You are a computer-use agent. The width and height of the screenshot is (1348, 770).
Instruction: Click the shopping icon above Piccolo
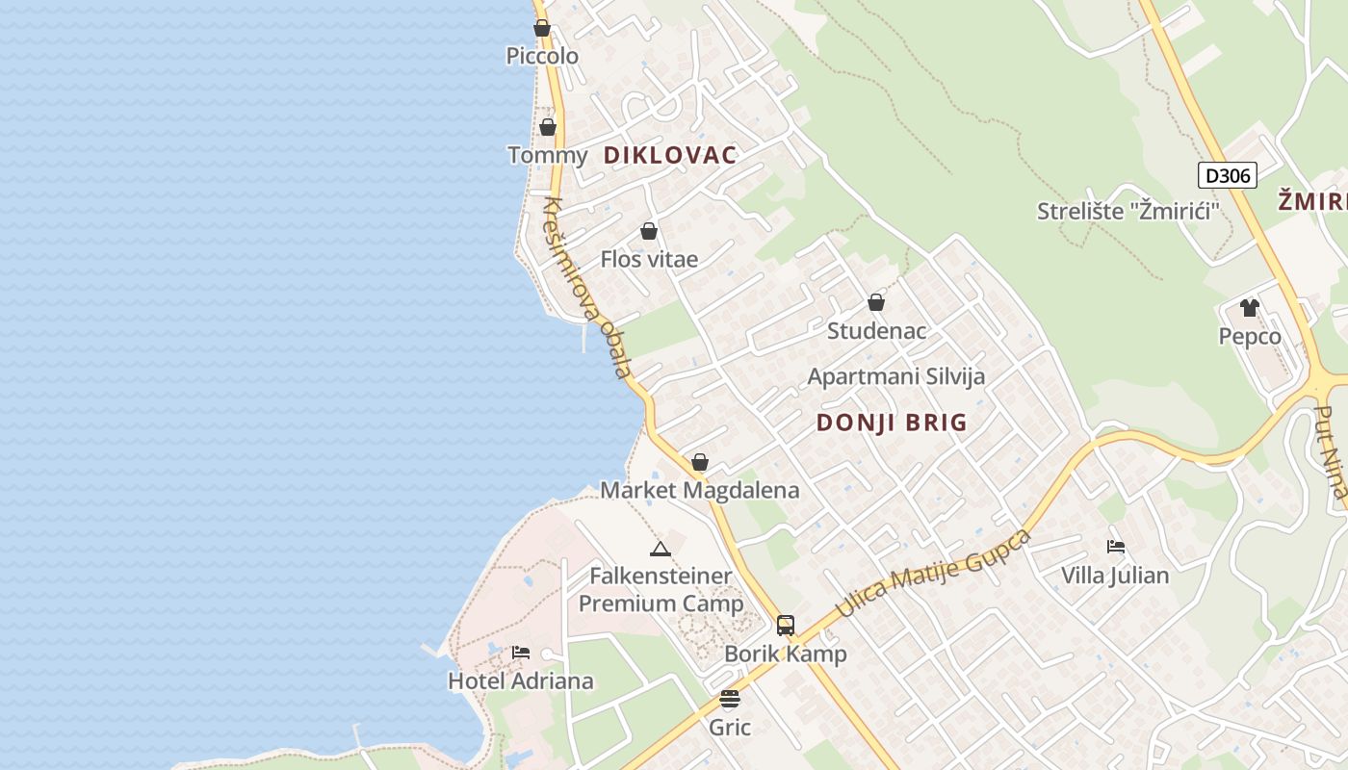pos(542,29)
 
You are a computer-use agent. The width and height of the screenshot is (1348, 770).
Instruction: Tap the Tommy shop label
pos(547,155)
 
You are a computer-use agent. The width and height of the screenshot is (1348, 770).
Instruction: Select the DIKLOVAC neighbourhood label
pos(669,155)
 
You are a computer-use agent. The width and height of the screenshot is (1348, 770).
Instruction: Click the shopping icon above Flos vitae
pos(649,232)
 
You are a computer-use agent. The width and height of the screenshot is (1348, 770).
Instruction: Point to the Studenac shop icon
pos(876,303)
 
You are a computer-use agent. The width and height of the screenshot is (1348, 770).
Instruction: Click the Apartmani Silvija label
pos(895,376)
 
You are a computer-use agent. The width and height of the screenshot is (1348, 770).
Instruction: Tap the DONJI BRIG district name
pos(892,423)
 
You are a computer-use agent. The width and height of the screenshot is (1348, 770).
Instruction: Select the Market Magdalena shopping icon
pos(700,463)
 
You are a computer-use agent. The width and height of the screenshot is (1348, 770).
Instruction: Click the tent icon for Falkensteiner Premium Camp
pos(660,550)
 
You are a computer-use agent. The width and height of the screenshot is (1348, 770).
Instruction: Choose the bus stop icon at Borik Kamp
pos(786,626)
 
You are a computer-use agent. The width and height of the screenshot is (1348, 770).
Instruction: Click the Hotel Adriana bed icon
pos(521,653)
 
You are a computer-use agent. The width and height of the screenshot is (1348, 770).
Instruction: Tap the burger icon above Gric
pos(730,699)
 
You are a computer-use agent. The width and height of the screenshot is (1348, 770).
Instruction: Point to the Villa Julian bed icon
pos(1116,547)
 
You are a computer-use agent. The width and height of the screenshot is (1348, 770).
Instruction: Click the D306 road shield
pos(1228,175)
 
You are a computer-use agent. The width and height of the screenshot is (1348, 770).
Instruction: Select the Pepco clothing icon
pos(1250,308)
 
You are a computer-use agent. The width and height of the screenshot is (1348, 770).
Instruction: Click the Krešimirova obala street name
pos(587,287)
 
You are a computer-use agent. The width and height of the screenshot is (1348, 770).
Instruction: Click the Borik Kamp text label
pos(786,654)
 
